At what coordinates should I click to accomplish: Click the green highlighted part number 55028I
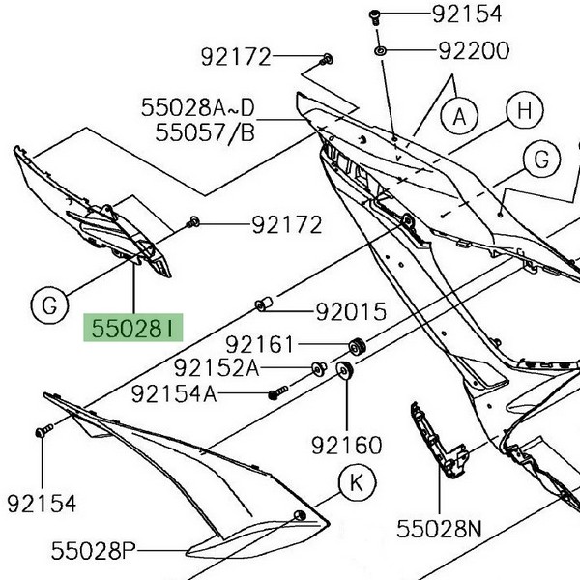132,329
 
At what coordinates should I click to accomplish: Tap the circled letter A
460,117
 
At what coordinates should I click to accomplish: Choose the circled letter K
356,480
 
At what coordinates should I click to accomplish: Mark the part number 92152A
217,367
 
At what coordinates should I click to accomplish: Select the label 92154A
174,393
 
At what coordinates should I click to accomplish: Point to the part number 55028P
94,551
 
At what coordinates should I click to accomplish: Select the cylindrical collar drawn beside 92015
262,306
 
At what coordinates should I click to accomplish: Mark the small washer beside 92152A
316,367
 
